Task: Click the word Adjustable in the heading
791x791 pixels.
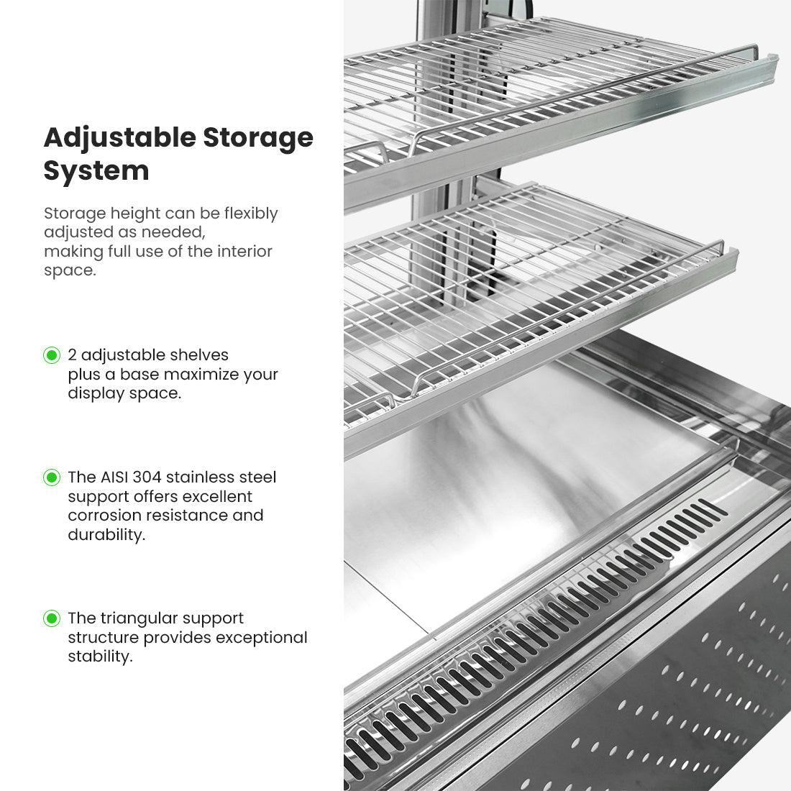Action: click(120, 139)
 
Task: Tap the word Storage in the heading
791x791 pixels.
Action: click(258, 139)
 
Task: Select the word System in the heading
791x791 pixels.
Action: click(96, 171)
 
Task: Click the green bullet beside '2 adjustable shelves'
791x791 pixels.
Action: click(52, 355)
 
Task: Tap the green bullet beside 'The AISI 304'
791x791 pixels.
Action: click(52, 477)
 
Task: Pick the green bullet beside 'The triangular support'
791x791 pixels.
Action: click(52, 618)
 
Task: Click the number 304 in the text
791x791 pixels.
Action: click(147, 477)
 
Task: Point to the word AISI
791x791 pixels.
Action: click(114, 477)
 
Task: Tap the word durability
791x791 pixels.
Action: click(106, 535)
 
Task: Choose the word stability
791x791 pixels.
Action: click(101, 657)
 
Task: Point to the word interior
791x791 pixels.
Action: click(244, 251)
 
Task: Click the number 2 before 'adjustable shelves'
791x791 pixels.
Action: click(72, 355)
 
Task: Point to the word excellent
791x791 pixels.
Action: click(217, 496)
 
